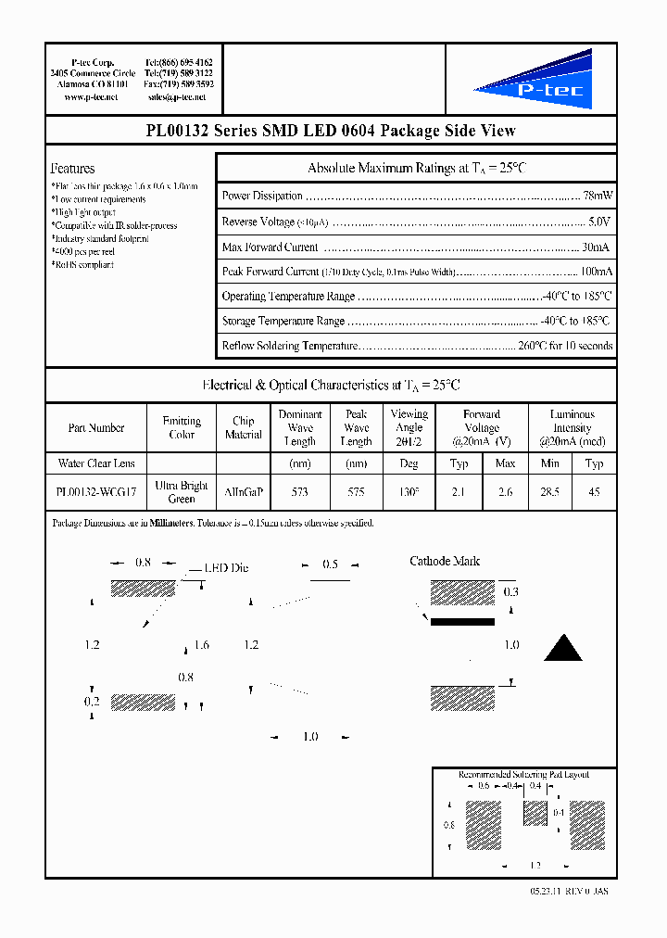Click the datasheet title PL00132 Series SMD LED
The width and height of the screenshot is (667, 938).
click(x=331, y=131)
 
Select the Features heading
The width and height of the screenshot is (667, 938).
click(x=72, y=169)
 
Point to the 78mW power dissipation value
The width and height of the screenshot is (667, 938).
click(x=598, y=196)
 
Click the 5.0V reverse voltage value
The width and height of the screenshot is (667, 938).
click(x=599, y=222)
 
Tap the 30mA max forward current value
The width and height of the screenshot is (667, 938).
click(x=596, y=247)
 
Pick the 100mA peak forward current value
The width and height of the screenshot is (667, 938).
click(x=596, y=272)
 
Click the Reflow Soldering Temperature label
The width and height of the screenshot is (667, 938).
click(x=289, y=346)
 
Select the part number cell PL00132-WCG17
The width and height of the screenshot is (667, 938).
click(x=95, y=492)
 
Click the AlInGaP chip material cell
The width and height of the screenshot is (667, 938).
click(x=243, y=492)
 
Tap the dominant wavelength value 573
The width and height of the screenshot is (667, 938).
click(x=299, y=492)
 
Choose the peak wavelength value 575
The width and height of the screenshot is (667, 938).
click(x=356, y=492)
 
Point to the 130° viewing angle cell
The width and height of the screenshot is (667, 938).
click(x=409, y=492)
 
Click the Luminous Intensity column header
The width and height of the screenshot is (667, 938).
click(x=572, y=428)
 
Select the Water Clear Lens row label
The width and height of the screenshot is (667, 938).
click(x=96, y=463)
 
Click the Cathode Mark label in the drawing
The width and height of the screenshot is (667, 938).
click(x=445, y=562)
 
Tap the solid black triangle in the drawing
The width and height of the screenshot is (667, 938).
click(x=562, y=648)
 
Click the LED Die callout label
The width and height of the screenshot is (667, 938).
click(x=226, y=568)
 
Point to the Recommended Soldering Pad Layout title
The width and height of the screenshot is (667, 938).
click(x=523, y=774)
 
